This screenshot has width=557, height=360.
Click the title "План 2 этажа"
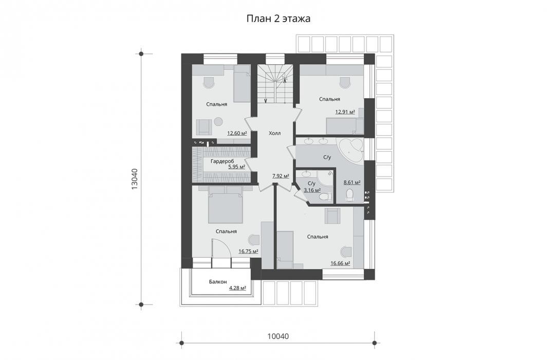[x=278, y=19]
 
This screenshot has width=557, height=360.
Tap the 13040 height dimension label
[x=135, y=179]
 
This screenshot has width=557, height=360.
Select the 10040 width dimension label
[x=278, y=336]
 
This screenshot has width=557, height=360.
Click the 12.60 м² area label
[x=237, y=134]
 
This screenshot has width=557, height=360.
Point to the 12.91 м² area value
[x=345, y=112]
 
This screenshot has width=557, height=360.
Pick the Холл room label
[x=274, y=133]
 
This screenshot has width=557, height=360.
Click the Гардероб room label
[x=222, y=161]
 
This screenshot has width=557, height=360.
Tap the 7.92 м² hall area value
[x=280, y=175]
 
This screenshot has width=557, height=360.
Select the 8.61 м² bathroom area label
[x=351, y=183]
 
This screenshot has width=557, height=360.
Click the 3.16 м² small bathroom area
[x=312, y=190]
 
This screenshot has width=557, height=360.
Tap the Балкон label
[x=218, y=282]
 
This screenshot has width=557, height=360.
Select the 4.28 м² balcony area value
[x=237, y=288]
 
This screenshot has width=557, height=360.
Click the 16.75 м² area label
[x=248, y=251]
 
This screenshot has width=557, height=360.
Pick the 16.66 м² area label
[x=340, y=263]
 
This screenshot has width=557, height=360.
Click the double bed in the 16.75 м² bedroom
[x=225, y=205]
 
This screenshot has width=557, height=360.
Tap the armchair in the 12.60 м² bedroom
[x=205, y=127]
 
